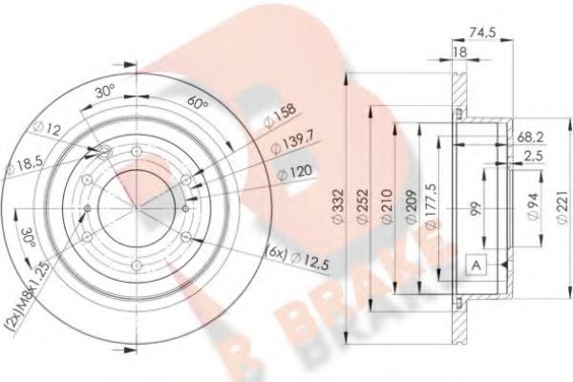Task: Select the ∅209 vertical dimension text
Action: click(411, 202)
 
